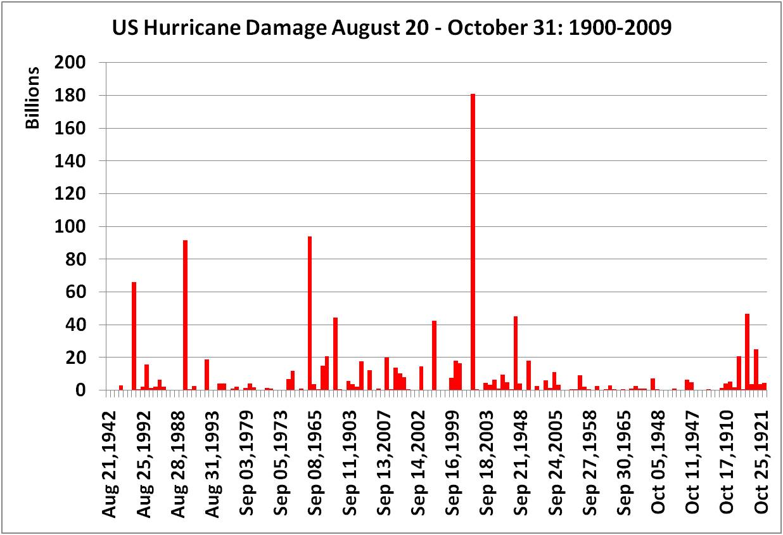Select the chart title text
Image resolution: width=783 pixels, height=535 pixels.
391,29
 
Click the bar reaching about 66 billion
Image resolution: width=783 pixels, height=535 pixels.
134,336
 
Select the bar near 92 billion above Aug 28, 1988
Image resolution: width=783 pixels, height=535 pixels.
185,315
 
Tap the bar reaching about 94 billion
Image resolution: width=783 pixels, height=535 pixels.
310,313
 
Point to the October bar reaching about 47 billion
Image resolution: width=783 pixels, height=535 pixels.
748,352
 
